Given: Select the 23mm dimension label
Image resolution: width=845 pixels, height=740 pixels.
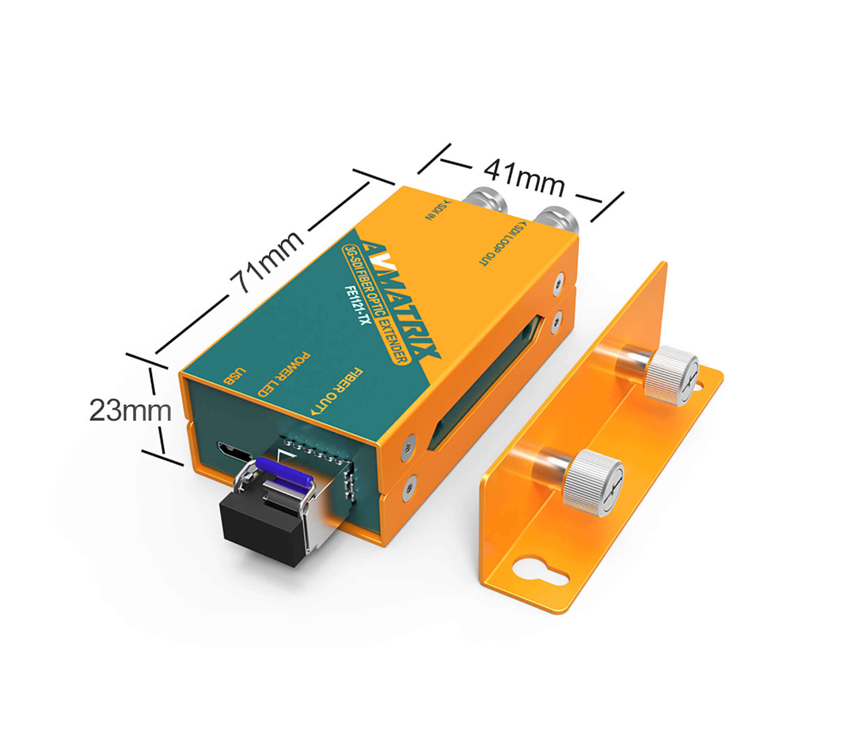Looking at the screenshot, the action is coord(130,410).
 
